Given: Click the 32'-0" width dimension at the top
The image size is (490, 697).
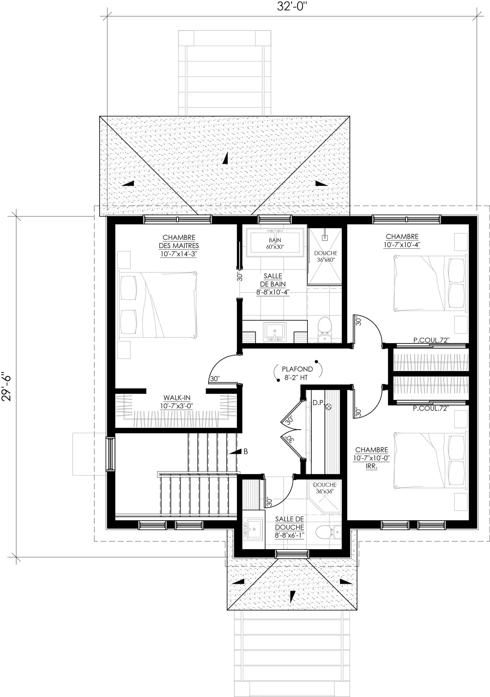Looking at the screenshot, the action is [x=292, y=6].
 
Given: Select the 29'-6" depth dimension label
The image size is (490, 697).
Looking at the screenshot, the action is [x=6, y=386].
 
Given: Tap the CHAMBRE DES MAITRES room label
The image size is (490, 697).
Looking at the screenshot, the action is [x=179, y=246].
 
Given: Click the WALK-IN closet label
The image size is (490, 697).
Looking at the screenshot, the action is [x=177, y=402].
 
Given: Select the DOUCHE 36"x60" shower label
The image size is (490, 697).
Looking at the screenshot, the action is [x=326, y=256].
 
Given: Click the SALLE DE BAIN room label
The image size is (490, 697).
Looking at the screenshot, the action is [x=273, y=284].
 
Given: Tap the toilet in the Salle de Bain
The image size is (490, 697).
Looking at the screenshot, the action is [x=324, y=329].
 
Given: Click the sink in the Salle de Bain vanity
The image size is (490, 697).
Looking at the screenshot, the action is [x=275, y=332].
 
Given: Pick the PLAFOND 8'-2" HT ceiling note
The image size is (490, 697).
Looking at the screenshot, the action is [x=297, y=373].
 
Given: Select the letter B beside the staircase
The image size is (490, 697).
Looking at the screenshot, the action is [x=246, y=451].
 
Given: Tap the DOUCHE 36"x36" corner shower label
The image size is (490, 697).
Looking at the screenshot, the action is [x=325, y=488].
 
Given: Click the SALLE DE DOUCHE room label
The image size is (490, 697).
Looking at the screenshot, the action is [x=289, y=527].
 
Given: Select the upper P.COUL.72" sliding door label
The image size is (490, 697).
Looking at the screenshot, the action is [x=431, y=340].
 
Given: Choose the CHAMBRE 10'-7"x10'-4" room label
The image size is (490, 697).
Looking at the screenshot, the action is [x=402, y=240].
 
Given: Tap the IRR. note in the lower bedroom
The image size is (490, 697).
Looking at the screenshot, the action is [x=371, y=466].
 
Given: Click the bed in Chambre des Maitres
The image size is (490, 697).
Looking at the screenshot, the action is [x=158, y=305].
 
